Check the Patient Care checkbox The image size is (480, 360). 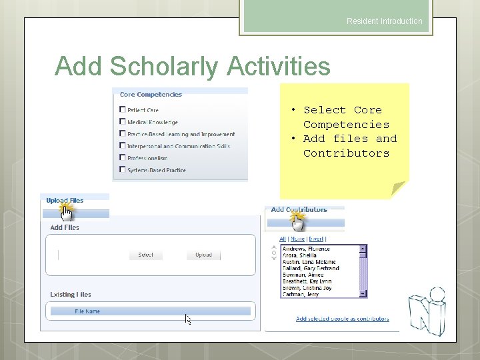coord(123,109)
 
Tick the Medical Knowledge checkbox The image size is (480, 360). coord(123,121)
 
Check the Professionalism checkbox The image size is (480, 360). coord(123,158)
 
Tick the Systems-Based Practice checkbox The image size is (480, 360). coord(123,170)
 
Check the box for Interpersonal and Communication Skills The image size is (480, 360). coord(123,146)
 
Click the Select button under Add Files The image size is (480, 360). coord(145,255)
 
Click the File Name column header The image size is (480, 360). coord(88,311)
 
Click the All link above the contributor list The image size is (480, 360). coord(283,239)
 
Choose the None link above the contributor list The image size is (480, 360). coord(297,239)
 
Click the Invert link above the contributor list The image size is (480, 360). coord(316,239)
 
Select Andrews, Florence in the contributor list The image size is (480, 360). coord(306,249)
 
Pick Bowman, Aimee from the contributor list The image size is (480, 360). coord(303,275)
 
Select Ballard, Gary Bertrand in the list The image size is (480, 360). coord(311,268)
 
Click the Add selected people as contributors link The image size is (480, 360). coord(342,319)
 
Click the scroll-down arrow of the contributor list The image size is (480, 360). coord(363,293)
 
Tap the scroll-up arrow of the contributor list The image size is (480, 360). coord(363,248)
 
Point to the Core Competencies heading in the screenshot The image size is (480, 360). coord(151,95)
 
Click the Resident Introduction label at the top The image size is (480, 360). coord(384,21)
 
